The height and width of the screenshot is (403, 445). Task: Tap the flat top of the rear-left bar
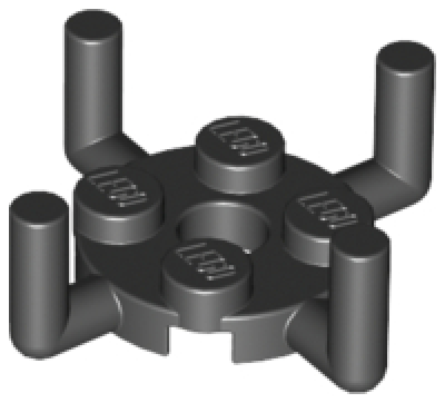93,28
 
